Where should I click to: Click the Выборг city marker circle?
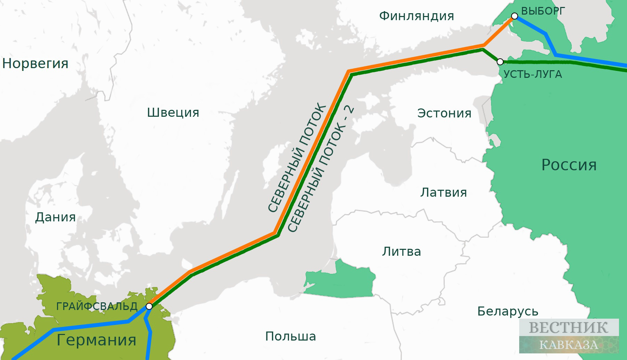point(514,16)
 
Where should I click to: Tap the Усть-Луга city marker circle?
point(500,62)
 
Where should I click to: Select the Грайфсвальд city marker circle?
point(149,306)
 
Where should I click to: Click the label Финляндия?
point(416,16)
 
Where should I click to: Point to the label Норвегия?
point(35,64)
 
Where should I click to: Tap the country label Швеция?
point(173,113)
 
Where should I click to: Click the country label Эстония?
point(444,113)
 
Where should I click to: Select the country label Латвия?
point(443,193)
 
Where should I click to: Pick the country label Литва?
point(401,251)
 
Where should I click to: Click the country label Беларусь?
point(507,311)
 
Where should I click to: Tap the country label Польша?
point(290,336)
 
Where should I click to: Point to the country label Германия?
point(96,339)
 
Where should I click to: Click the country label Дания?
point(55,217)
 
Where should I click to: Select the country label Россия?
point(569,165)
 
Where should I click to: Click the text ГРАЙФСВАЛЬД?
point(97,306)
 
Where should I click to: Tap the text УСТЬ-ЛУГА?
point(532,74)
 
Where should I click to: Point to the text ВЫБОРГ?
point(543,11)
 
